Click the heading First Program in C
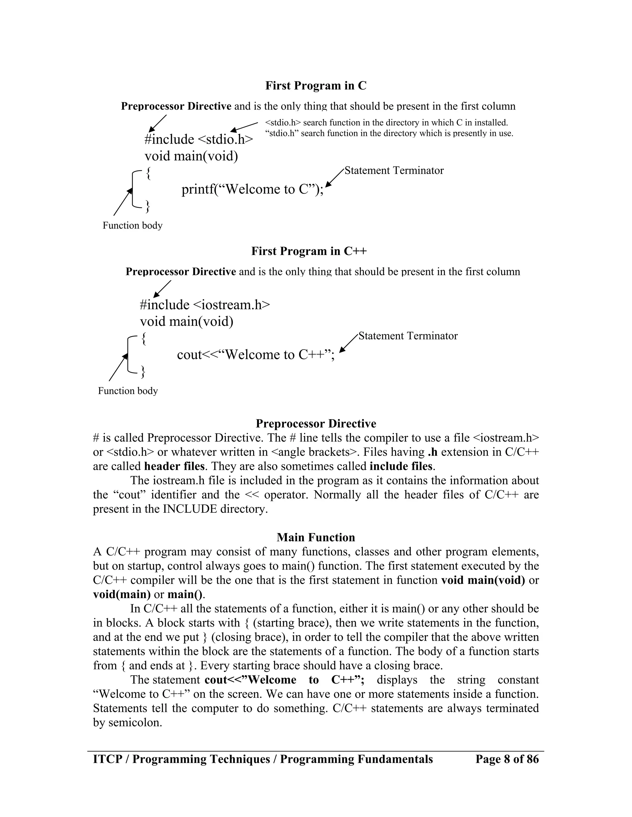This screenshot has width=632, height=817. [316, 86]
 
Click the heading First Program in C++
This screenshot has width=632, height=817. [309, 251]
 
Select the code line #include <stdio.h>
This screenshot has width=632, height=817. [198, 140]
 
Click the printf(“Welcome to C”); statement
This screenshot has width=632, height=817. [252, 189]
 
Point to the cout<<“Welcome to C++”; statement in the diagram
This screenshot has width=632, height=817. [255, 355]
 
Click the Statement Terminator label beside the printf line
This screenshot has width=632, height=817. [394, 170]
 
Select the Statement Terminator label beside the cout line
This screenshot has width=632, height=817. [408, 336]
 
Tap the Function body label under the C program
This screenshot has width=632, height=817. [132, 226]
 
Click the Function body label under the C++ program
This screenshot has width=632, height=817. [128, 391]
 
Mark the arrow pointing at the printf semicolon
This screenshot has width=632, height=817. [334, 178]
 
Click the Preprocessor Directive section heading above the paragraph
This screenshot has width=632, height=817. [316, 424]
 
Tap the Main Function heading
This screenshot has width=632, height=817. [316, 538]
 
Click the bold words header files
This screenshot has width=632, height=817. [174, 466]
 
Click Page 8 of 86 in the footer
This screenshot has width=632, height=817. [507, 759]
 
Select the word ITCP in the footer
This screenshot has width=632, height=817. [107, 759]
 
